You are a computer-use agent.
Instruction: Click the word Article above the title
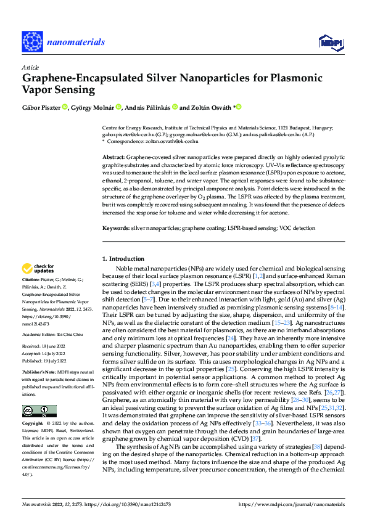[x=30, y=68]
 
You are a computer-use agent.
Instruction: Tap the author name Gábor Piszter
[x=43, y=107]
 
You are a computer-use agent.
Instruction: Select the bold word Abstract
[x=114, y=158]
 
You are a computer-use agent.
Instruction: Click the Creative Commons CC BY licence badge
[x=39, y=411]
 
